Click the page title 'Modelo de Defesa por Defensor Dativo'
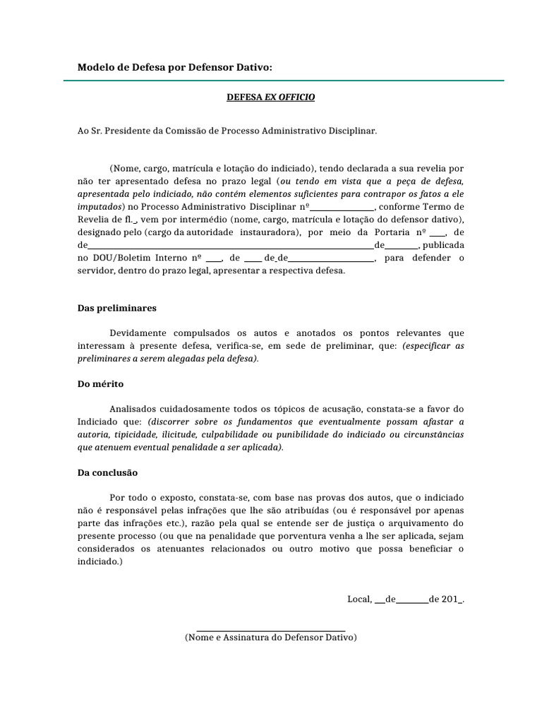click(x=174, y=67)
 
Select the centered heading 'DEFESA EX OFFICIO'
click(x=270, y=97)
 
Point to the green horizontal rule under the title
click(x=284, y=81)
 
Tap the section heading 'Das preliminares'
click(x=117, y=309)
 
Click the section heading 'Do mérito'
click(x=100, y=385)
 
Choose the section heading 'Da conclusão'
click(x=107, y=472)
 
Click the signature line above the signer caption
click(x=270, y=631)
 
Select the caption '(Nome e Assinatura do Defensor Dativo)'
click(x=270, y=638)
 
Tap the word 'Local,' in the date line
click(x=359, y=599)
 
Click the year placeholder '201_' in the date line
click(x=452, y=599)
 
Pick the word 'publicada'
click(x=443, y=245)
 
